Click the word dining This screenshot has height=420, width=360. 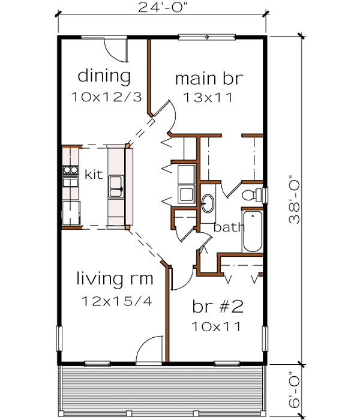click(104, 76)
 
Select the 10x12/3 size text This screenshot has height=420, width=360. click(106, 96)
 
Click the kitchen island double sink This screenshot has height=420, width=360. click(116, 187)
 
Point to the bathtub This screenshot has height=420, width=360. click(252, 231)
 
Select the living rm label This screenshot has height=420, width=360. click(114, 279)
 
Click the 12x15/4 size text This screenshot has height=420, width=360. click(114, 300)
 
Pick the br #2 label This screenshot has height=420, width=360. click(217, 307)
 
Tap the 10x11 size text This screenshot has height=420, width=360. click(217, 327)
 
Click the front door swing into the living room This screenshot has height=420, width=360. click(150, 350)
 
